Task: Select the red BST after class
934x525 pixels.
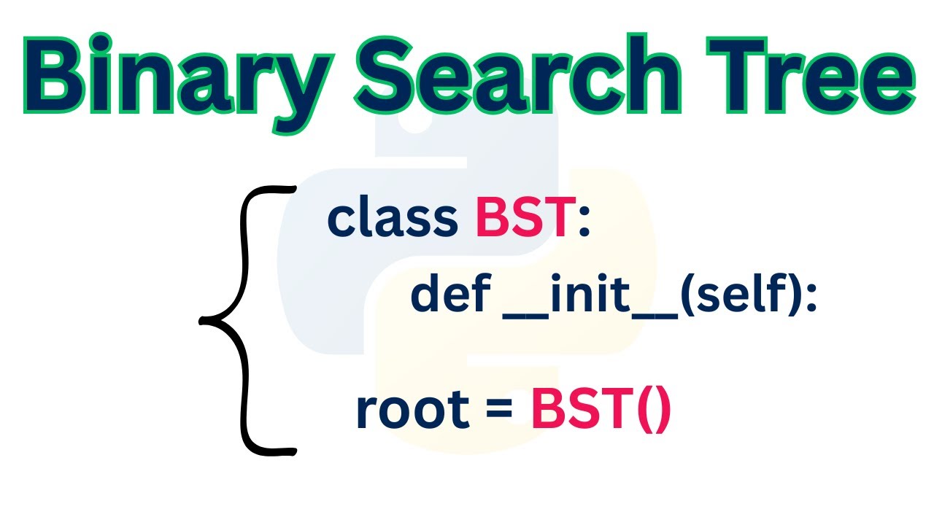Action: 522,217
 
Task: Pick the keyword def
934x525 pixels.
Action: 449,297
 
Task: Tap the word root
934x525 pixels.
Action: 412,411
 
